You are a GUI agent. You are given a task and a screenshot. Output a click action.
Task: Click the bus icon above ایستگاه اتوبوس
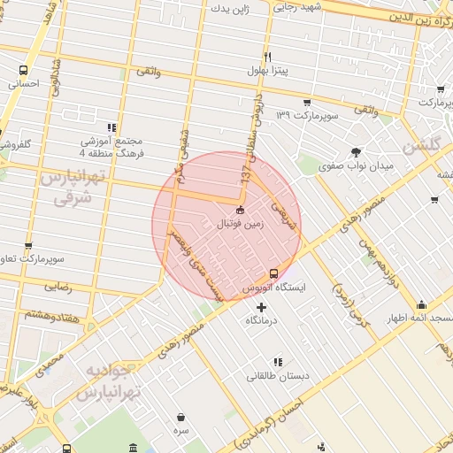point(273,273)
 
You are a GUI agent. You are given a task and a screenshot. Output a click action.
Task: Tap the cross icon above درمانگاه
point(260,307)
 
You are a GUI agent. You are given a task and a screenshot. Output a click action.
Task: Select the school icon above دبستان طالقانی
point(278,362)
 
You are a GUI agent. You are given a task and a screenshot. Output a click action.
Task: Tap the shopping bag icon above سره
point(180,416)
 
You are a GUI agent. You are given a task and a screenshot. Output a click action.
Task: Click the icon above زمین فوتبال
point(240,210)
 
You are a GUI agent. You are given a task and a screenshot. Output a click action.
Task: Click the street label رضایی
point(59,286)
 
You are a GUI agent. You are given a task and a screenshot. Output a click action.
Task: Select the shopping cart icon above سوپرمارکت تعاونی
point(28,246)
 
